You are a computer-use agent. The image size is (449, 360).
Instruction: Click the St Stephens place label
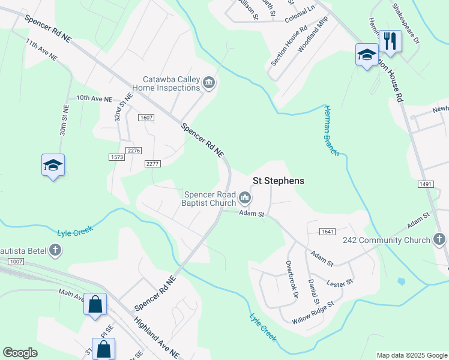[x=278, y=181]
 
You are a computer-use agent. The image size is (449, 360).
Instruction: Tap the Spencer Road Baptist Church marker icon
[x=245, y=197]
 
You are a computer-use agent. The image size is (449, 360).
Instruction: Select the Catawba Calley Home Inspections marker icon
[x=209, y=83]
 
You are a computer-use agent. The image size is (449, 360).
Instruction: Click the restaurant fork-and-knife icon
[x=390, y=41]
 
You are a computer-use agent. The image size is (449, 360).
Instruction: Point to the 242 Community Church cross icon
[x=439, y=240]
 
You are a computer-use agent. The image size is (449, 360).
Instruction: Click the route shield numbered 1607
[x=146, y=118]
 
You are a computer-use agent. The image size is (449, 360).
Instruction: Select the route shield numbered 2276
[x=133, y=151]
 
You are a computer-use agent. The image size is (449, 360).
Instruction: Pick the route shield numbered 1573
[x=116, y=157]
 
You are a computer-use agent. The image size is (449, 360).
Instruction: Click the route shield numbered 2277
[x=152, y=164]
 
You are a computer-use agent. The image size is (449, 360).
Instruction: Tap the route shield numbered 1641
[x=327, y=232]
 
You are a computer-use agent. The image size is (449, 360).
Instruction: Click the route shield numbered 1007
[x=16, y=262]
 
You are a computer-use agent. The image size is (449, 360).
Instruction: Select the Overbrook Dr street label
[x=292, y=279]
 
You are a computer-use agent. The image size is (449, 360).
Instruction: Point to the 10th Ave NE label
[x=94, y=98]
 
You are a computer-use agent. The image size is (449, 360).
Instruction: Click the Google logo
[x=20, y=353]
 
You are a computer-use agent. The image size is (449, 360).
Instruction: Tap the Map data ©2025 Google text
[x=411, y=355]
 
